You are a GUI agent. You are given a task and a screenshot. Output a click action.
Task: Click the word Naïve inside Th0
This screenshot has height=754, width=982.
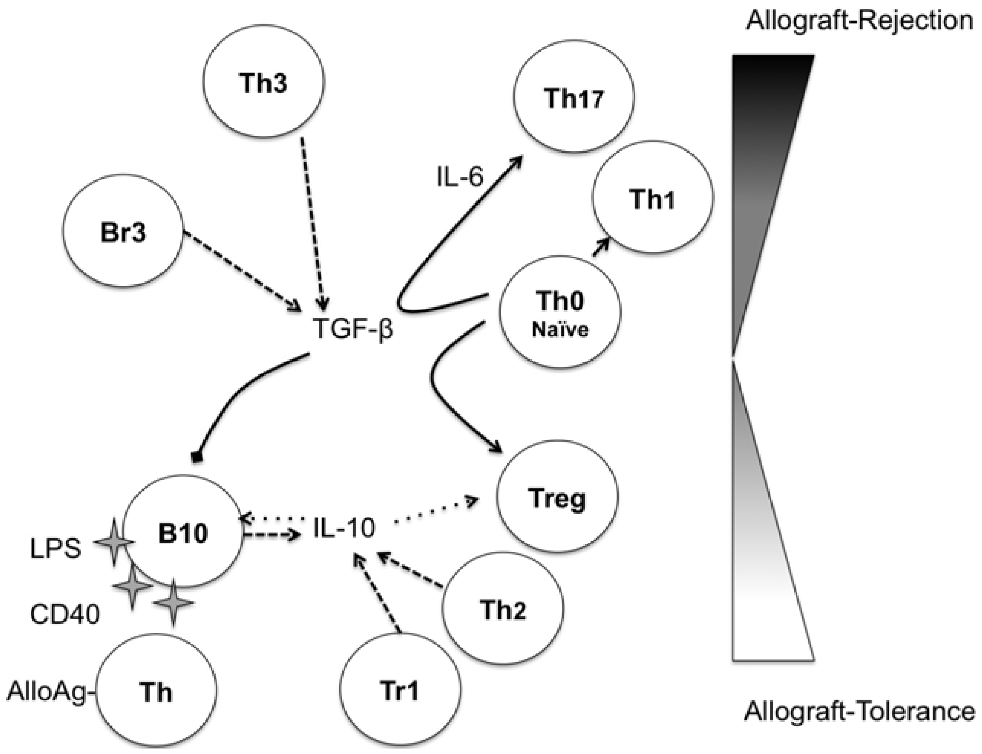pyautogui.click(x=560, y=330)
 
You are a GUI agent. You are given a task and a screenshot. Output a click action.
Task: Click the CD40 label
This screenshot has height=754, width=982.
pyautogui.click(x=65, y=614)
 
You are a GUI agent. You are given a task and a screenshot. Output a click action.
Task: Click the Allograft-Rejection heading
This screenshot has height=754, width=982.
pyautogui.click(x=859, y=21)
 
